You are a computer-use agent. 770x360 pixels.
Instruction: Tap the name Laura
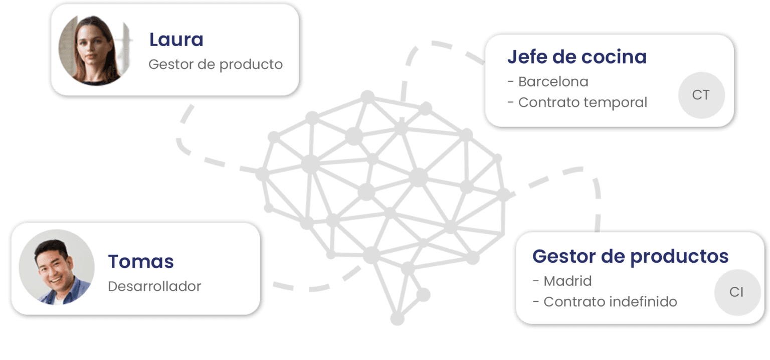176,40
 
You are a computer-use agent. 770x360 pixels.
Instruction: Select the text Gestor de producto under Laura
216,65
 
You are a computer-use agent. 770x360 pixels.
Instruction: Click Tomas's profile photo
56,267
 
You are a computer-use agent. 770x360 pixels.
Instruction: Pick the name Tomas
141,261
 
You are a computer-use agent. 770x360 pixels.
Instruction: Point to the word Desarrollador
154,286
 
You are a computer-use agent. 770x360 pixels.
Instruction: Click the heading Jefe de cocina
576,57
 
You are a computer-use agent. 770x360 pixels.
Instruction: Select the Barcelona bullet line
548,81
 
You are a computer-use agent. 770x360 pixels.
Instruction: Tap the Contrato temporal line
577,102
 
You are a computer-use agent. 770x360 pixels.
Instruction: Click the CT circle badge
701,95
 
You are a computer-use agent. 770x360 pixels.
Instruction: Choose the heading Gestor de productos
630,256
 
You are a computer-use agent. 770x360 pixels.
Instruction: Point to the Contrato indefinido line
605,302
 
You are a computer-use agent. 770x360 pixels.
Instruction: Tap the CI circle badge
736,292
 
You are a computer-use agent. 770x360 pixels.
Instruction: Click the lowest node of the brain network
397,318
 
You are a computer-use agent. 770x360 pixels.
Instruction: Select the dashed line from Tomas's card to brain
316,287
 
